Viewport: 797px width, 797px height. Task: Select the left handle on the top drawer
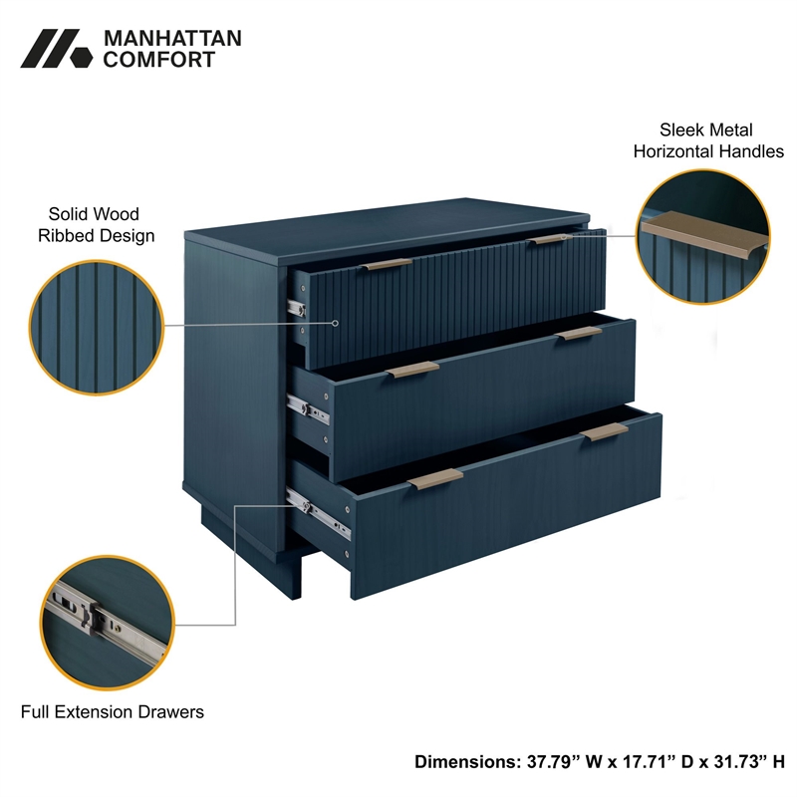[x=386, y=265]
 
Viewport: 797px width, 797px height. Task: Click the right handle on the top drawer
[x=547, y=240]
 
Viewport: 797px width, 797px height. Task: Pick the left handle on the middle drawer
[x=412, y=370]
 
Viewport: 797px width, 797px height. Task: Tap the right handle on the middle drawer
[x=579, y=334]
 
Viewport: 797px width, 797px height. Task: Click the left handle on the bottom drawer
[x=435, y=479]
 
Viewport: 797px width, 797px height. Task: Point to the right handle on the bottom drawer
[x=605, y=432]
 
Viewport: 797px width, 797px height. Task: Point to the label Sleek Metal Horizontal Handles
[x=708, y=140]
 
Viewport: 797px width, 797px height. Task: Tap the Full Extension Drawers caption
[x=113, y=711]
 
